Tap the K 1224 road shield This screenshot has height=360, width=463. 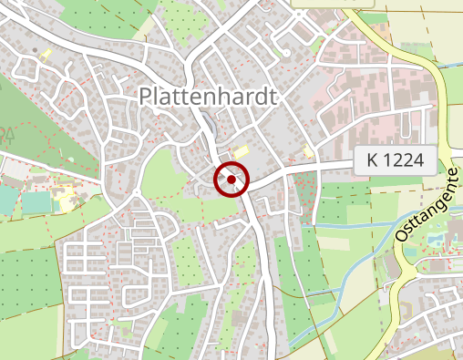point(395,159)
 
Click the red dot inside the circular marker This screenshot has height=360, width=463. point(231,180)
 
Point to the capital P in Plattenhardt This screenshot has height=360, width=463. point(147,96)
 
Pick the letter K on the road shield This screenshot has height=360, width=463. point(373,159)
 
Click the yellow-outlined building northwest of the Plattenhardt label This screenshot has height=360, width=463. point(45,54)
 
